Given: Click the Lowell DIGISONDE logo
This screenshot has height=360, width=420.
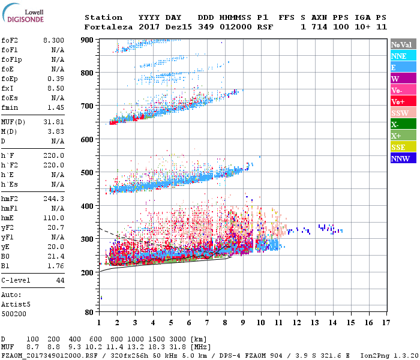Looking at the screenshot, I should (x=22, y=15).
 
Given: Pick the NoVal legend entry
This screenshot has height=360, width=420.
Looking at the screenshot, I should (x=401, y=44).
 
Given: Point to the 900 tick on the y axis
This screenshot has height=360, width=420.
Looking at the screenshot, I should (x=88, y=40).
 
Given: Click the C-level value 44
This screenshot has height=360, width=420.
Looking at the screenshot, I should (x=60, y=280).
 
